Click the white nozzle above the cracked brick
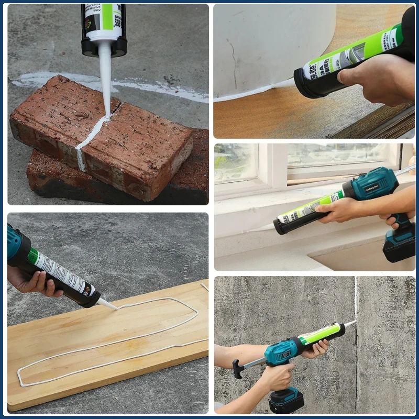(105, 79)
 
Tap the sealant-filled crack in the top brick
(92, 136)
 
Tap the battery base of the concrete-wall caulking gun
(286, 401)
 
